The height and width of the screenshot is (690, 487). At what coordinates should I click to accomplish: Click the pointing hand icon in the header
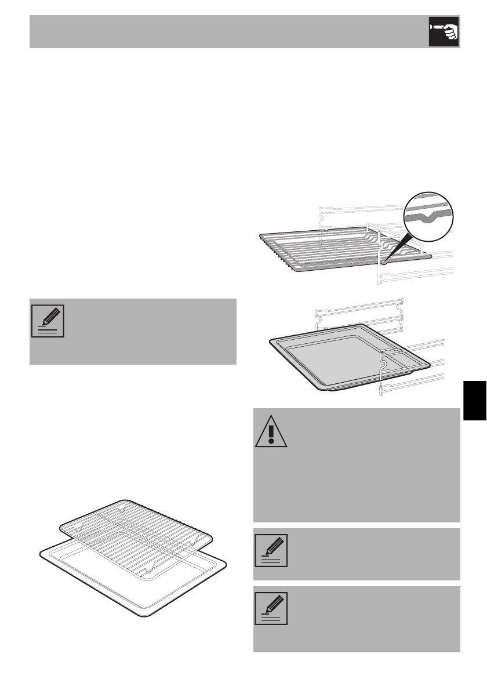tap(444, 31)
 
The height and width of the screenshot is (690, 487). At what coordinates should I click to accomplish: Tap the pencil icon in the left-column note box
tap(48, 321)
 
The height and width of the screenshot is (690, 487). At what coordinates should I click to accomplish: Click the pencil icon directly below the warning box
tap(271, 550)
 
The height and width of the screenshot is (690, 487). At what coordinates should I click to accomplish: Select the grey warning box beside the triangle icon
tap(371, 464)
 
